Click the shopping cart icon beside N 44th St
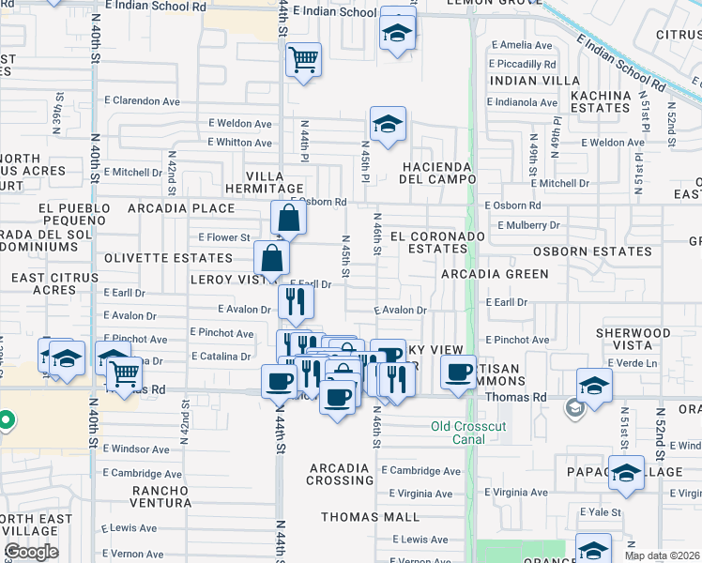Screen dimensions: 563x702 303,61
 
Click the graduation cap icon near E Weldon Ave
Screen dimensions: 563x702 386,123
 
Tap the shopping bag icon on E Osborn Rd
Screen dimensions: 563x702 289,219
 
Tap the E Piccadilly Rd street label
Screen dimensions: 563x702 522,64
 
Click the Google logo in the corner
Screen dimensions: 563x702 31,552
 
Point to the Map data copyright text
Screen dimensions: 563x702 662,555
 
